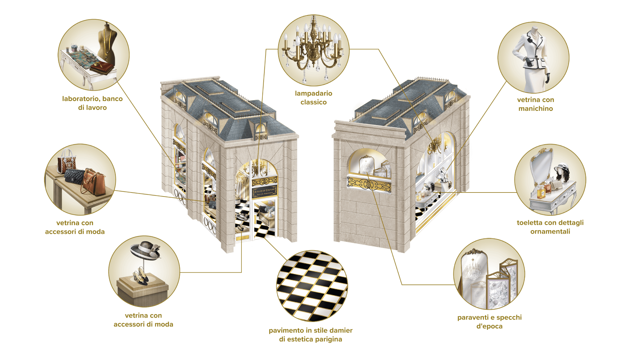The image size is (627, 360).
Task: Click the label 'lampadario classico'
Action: coord(313,98)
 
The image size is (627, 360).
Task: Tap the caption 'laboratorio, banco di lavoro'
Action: coord(92,103)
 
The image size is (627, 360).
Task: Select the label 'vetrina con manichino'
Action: coord(535,104)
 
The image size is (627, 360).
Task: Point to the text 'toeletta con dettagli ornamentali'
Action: coord(550,227)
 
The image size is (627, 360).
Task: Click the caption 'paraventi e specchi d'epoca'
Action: coord(489,322)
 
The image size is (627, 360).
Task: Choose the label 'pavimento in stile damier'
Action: coord(311,330)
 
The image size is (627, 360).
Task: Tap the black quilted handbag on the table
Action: coord(74,176)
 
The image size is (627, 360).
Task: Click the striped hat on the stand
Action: coord(146,250)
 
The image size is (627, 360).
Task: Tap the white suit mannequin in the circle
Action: coord(533,59)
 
